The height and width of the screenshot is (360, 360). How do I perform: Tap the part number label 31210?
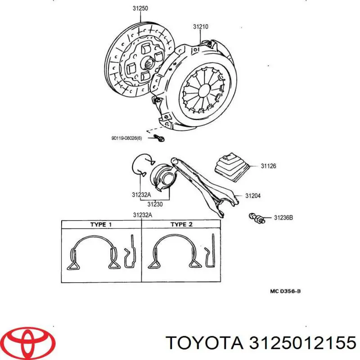pyautogui.click(x=201, y=27)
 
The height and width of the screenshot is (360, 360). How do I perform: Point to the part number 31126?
pyautogui.click(x=268, y=166)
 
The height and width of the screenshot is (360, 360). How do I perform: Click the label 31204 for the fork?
pyautogui.click(x=253, y=196)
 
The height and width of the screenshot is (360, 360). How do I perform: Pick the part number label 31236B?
pyautogui.click(x=283, y=218)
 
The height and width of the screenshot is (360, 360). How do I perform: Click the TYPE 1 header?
pyautogui.click(x=101, y=225)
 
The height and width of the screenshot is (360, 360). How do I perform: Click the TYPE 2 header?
pyautogui.click(x=181, y=225)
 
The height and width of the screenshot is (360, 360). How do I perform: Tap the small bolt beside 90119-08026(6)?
pyautogui.click(x=159, y=138)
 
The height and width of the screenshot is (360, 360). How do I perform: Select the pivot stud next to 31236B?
pyautogui.click(x=256, y=218)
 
